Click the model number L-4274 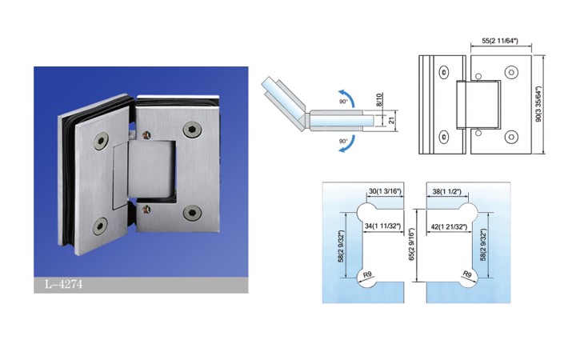tap(64, 285)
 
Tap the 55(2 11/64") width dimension tap(500, 41)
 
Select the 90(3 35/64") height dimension tap(538, 105)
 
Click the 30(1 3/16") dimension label tap(385, 191)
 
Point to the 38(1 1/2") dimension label tap(447, 191)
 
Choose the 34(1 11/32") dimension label tap(383, 226)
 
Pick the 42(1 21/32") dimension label tap(449, 226)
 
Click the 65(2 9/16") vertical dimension tap(411, 244)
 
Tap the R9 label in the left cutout tap(367, 274)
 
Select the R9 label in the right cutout tap(467, 275)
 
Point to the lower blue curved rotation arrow tap(346, 144)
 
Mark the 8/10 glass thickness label tap(379, 101)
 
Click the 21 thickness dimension tap(391, 120)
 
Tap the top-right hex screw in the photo tap(193, 129)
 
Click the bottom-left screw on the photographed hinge tap(100, 226)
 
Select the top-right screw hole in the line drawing tap(511, 73)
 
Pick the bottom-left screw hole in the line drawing tap(444, 138)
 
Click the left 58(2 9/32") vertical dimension tap(341, 246)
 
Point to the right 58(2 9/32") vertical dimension tap(483, 245)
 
